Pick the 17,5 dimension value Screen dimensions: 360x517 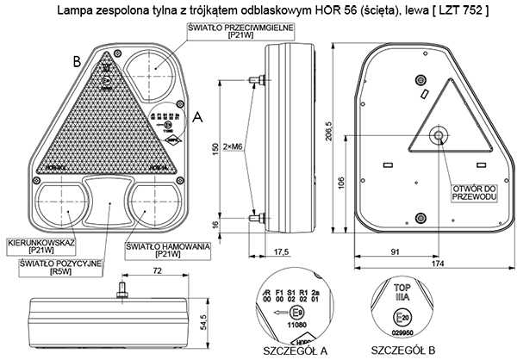tap(279, 252)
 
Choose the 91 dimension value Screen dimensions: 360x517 tap(394, 252)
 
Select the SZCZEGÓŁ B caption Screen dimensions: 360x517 tap(401, 351)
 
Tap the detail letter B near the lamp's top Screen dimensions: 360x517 tap(77, 61)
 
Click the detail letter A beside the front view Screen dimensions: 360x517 tap(200, 114)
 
